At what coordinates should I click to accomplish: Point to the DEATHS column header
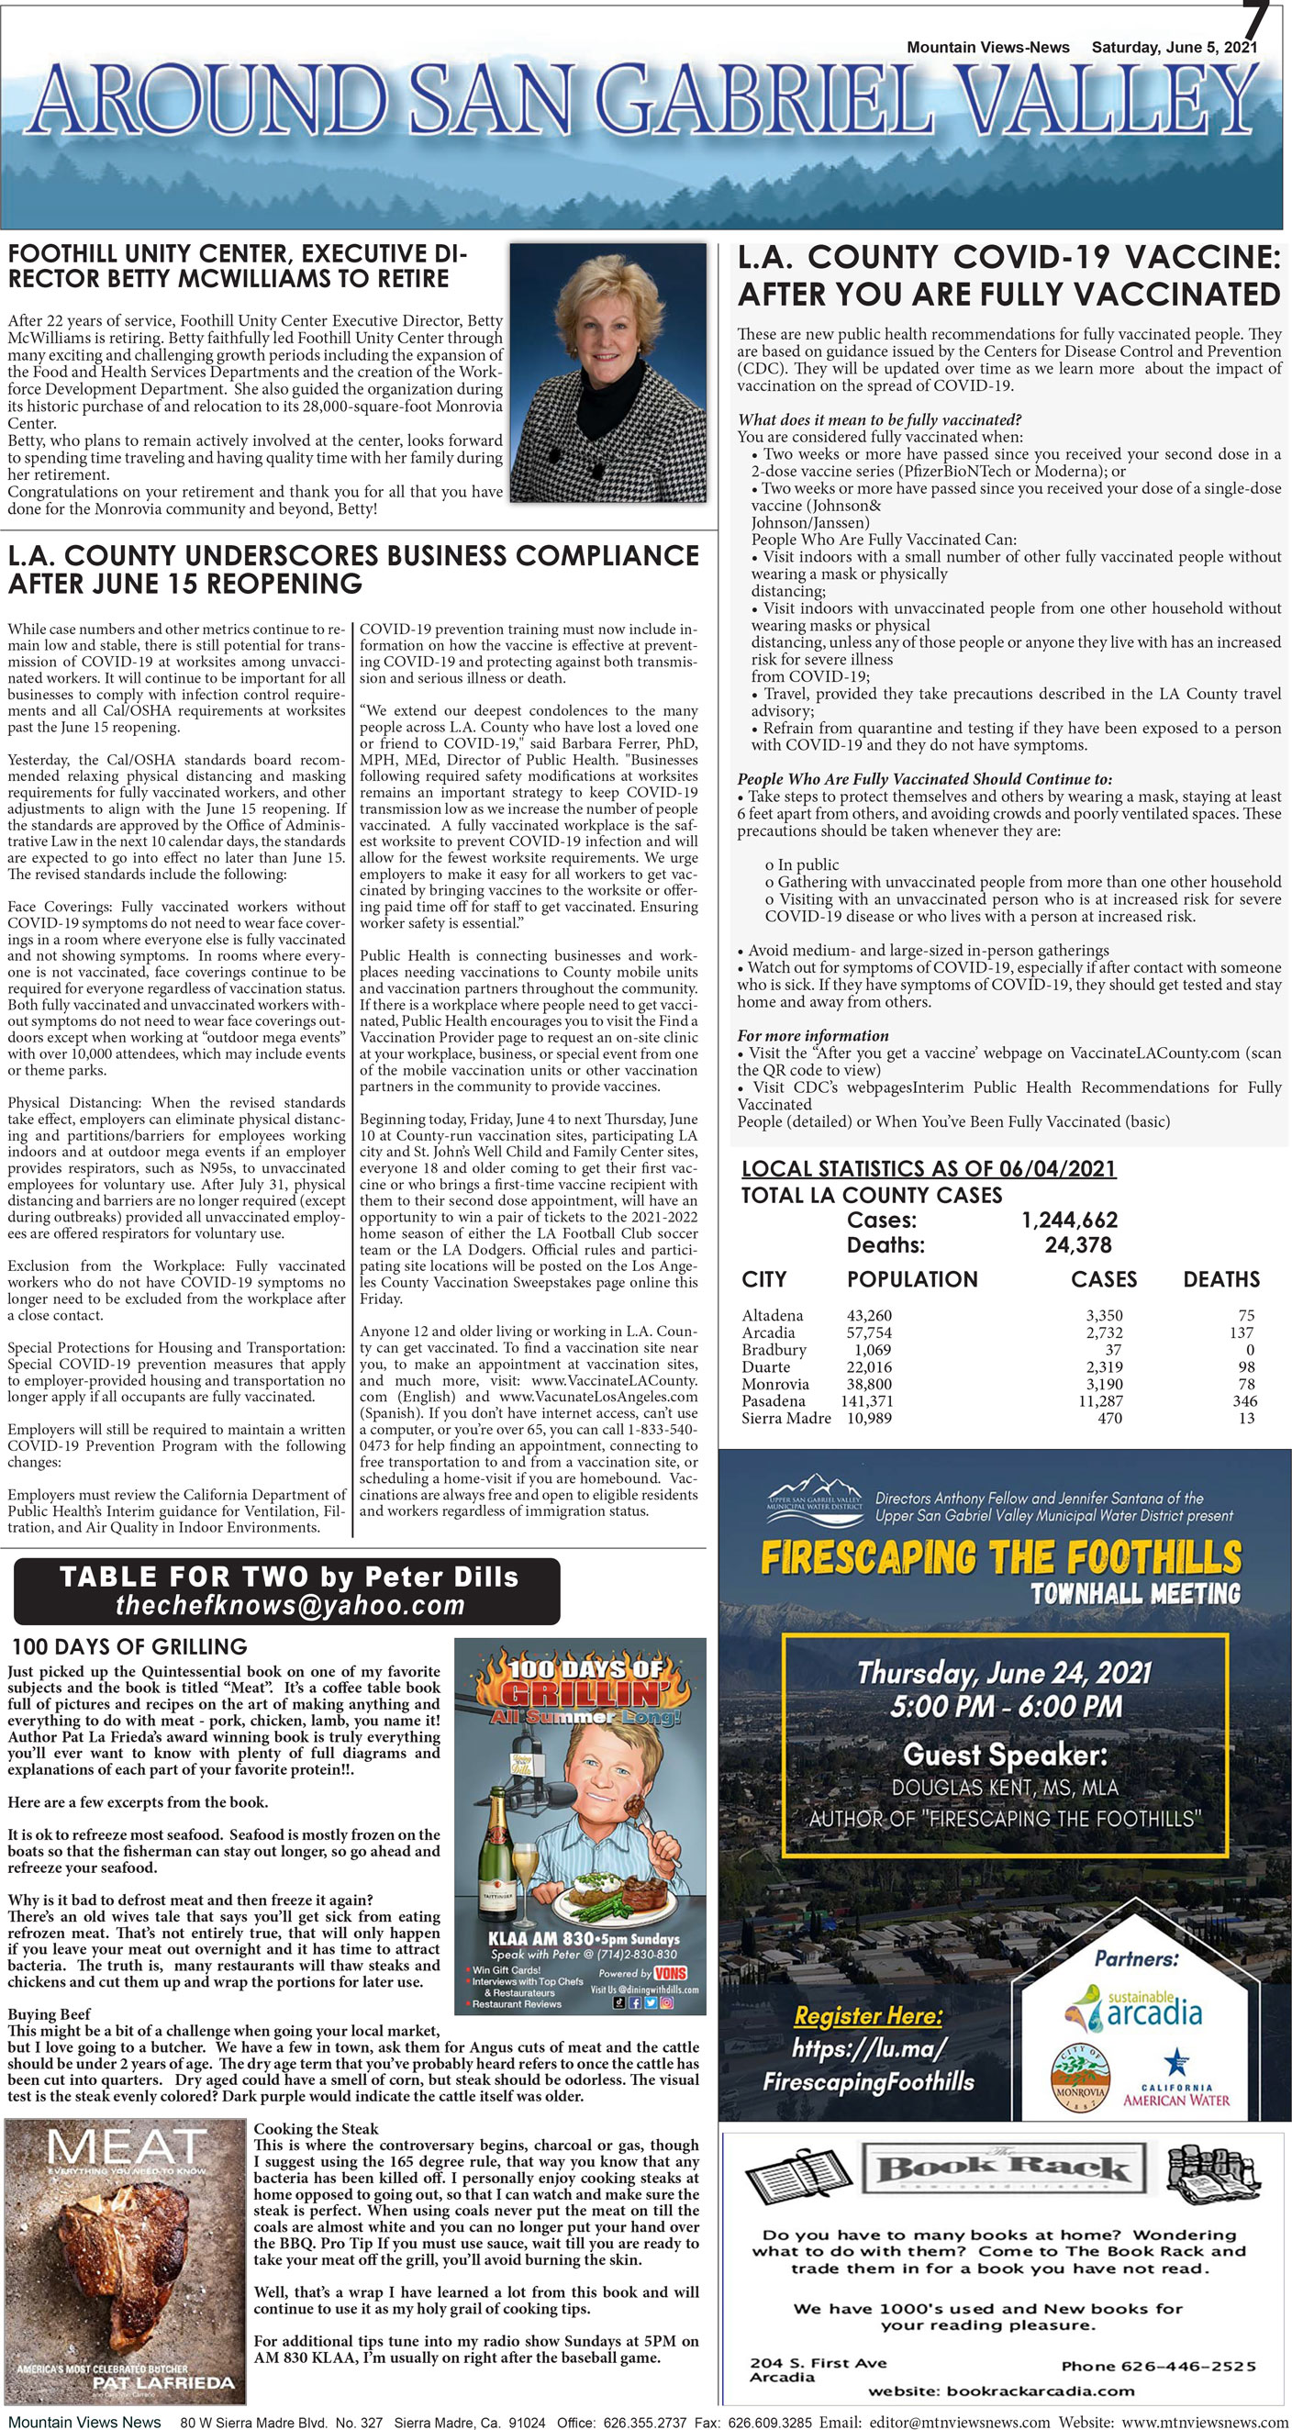click(1220, 1279)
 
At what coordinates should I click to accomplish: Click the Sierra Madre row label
click(785, 1418)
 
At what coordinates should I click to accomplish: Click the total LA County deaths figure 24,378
click(1078, 1245)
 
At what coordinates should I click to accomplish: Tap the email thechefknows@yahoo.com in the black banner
click(290, 1606)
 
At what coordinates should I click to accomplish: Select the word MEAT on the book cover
click(126, 2149)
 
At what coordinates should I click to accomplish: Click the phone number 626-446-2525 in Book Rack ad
click(1158, 2366)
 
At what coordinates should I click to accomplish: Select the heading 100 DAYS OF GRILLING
click(129, 1647)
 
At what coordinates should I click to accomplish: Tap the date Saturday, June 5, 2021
click(1174, 47)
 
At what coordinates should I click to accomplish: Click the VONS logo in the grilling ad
click(670, 1973)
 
